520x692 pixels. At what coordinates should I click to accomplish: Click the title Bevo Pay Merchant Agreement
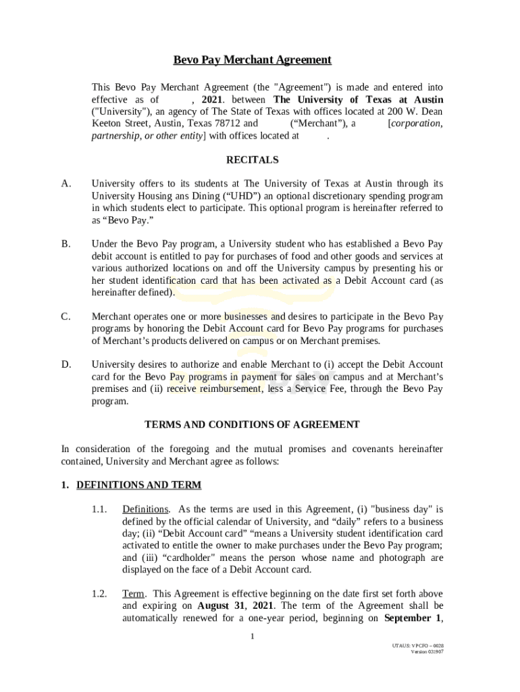pos(252,60)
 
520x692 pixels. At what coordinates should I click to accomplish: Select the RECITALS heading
pos(252,160)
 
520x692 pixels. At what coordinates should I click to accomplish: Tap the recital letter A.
pos(66,184)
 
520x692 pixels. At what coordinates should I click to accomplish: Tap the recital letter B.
pos(66,244)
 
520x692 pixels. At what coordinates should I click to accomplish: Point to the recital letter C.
pos(66,316)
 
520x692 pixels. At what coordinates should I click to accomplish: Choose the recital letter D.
pos(66,364)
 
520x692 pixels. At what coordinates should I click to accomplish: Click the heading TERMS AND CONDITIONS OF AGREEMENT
pos(252,425)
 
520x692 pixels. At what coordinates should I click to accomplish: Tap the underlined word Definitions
pos(145,510)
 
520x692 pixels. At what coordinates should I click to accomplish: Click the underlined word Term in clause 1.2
pos(133,594)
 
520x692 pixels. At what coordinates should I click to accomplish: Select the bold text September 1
pos(413,618)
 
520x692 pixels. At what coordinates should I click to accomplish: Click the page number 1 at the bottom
pos(252,637)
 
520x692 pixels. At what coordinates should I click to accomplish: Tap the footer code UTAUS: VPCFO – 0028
pos(417,645)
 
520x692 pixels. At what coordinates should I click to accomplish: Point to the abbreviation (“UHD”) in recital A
pos(240,196)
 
